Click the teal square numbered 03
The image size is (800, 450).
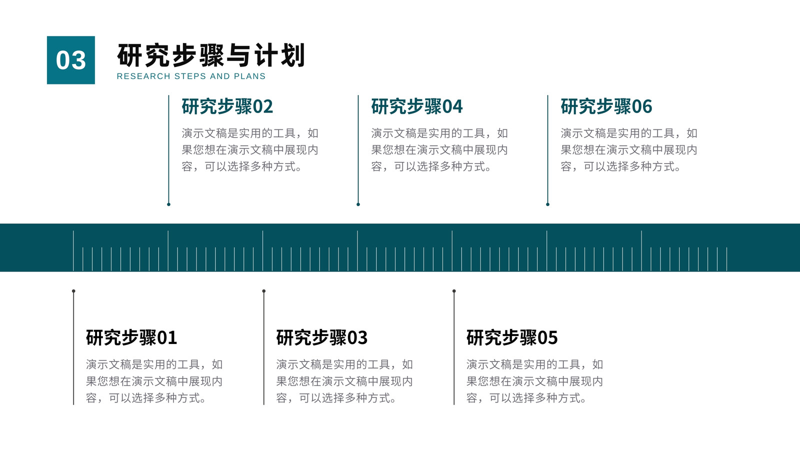(70, 60)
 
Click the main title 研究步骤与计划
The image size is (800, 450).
(210, 55)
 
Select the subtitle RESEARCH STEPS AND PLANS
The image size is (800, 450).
(191, 76)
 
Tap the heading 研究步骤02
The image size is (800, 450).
(227, 106)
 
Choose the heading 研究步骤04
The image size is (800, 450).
(417, 106)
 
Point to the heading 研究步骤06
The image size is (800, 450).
(606, 106)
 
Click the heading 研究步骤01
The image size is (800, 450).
(131, 337)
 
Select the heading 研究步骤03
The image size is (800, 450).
(322, 337)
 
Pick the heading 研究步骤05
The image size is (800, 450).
(512, 337)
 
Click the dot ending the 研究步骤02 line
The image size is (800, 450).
(168, 204)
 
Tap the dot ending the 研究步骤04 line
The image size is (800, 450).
(358, 204)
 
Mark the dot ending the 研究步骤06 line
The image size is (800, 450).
(548, 204)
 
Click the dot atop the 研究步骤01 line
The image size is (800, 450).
(73, 291)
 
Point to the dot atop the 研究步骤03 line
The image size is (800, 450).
(264, 291)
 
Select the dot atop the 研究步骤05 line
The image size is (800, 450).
(454, 291)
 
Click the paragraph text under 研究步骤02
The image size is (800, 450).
(250, 149)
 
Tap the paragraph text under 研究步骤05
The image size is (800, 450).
(534, 381)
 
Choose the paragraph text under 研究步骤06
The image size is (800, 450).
(629, 149)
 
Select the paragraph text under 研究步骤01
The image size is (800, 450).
(154, 381)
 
